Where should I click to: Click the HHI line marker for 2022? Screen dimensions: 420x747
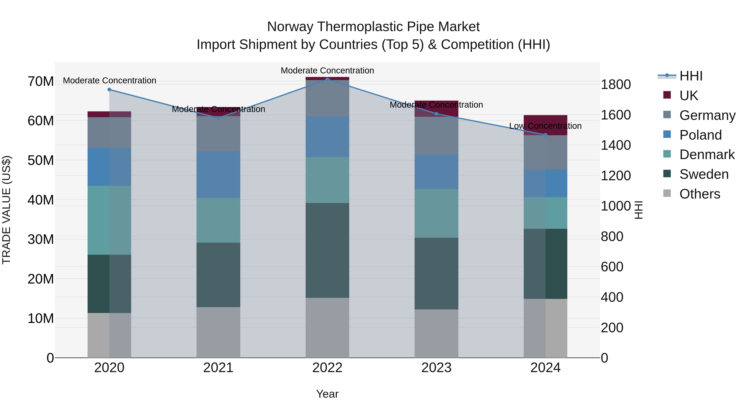coord(327,79)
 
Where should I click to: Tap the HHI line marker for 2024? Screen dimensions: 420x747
coord(546,135)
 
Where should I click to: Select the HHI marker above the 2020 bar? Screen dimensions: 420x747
coord(109,90)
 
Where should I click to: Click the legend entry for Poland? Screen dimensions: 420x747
coord(700,135)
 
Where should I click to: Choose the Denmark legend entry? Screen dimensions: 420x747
coord(707,155)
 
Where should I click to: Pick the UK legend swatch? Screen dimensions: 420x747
coord(667,95)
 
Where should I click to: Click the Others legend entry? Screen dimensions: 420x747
coord(699,194)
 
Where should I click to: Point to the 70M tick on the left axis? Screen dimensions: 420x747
coord(41,82)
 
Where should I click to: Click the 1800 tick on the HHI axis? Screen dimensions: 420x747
coord(616,85)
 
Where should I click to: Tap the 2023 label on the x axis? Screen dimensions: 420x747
coord(436,368)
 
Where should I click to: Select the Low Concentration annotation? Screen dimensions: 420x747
coord(545,126)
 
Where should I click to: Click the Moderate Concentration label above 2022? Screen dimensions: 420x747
coord(327,71)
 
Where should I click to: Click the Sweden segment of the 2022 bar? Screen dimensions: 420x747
coord(327,250)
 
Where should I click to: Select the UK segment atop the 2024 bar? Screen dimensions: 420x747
coord(546,125)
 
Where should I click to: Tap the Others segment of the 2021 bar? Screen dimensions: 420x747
coord(218,332)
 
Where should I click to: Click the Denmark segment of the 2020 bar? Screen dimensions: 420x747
coord(109,220)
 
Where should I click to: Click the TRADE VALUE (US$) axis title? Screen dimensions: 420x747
coord(6,210)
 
